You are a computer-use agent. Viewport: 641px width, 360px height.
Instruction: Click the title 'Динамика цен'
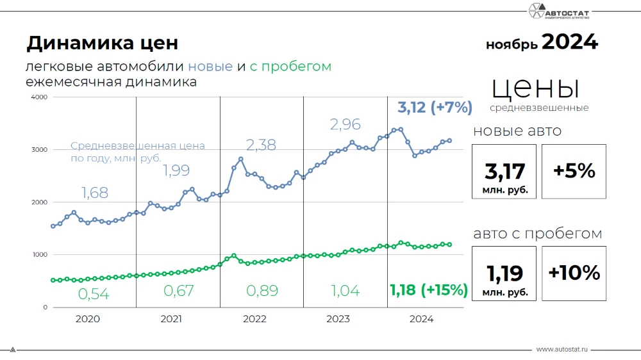[102, 44]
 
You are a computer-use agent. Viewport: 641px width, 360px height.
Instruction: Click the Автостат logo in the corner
[562, 12]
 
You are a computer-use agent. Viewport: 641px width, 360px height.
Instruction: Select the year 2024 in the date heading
[569, 42]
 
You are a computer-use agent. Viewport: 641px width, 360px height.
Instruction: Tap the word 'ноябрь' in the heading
[512, 45]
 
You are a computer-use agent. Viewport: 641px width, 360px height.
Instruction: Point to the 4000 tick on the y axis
[39, 97]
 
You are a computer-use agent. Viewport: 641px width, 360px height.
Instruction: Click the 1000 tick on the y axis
[39, 255]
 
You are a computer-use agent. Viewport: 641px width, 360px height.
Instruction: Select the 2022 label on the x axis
[254, 319]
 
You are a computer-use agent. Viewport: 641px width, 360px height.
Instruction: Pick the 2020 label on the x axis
[87, 319]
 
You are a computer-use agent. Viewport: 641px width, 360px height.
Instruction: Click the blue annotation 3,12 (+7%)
[435, 107]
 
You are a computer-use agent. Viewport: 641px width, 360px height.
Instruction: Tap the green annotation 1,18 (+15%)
[429, 290]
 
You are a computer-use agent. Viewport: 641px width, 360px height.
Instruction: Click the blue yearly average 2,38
[260, 145]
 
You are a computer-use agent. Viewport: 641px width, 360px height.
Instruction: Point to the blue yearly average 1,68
[95, 192]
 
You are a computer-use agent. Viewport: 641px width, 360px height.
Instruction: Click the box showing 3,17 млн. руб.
[504, 172]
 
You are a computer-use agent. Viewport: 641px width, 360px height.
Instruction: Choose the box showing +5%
[574, 172]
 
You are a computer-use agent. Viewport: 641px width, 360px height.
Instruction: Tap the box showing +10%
[574, 274]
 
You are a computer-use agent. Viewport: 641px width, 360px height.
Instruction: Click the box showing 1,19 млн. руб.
[504, 274]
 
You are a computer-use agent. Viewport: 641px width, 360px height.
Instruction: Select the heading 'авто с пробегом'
[537, 233]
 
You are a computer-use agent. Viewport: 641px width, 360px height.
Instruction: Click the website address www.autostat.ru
[562, 350]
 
